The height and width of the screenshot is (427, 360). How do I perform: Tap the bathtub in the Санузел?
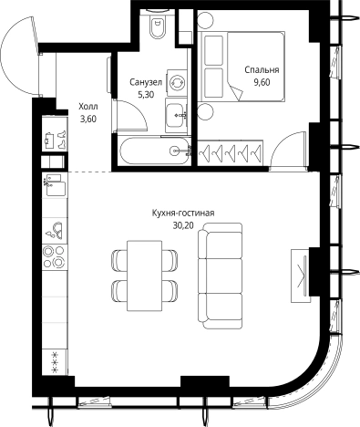pyautogui.click(x=155, y=151)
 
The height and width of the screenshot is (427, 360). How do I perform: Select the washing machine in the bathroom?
pyautogui.click(x=177, y=82)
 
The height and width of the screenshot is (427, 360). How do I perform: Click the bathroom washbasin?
pyautogui.click(x=177, y=115)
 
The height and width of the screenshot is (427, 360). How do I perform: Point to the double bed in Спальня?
pyautogui.click(x=242, y=66)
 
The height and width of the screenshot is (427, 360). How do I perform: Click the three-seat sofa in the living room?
pyautogui.click(x=221, y=276)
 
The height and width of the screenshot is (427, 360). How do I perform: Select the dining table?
pyautogui.click(x=144, y=276)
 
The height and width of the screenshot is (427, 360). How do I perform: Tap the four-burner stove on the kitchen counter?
pyautogui.click(x=55, y=256)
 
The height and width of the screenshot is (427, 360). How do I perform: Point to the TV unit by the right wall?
pyautogui.click(x=301, y=276)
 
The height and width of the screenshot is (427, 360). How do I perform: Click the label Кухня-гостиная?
pyautogui.click(x=183, y=213)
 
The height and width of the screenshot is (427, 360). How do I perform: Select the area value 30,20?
pyautogui.click(x=183, y=225)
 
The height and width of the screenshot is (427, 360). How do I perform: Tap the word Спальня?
pyautogui.click(x=262, y=70)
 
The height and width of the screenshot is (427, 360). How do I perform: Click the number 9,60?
pyautogui.click(x=262, y=82)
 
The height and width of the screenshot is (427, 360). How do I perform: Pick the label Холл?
pyautogui.click(x=88, y=107)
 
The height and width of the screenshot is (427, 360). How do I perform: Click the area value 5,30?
pyautogui.click(x=146, y=95)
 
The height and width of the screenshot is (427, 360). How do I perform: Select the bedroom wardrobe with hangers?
pyautogui.click(x=231, y=153)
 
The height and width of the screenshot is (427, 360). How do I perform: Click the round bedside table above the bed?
pyautogui.click(x=206, y=20)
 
